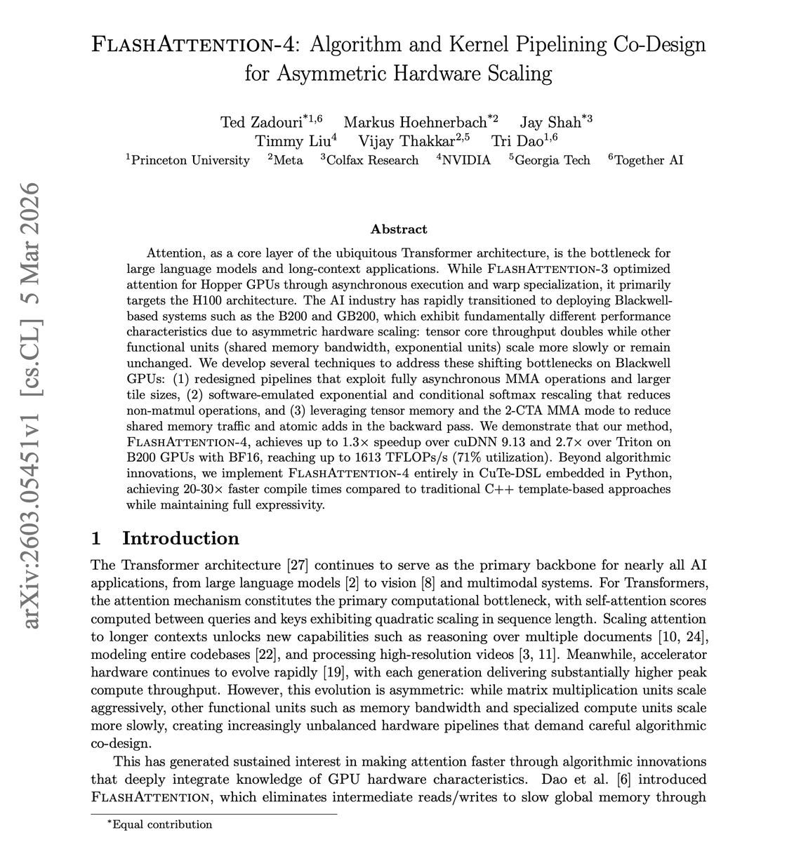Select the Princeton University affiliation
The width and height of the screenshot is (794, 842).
190,161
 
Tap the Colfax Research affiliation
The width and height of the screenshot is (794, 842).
371,161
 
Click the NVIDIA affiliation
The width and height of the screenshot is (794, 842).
465,161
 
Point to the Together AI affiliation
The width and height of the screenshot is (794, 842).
648,161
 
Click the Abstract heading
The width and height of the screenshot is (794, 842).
399,229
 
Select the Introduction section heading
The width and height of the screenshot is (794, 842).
180,538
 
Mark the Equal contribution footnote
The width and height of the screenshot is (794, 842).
161,825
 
